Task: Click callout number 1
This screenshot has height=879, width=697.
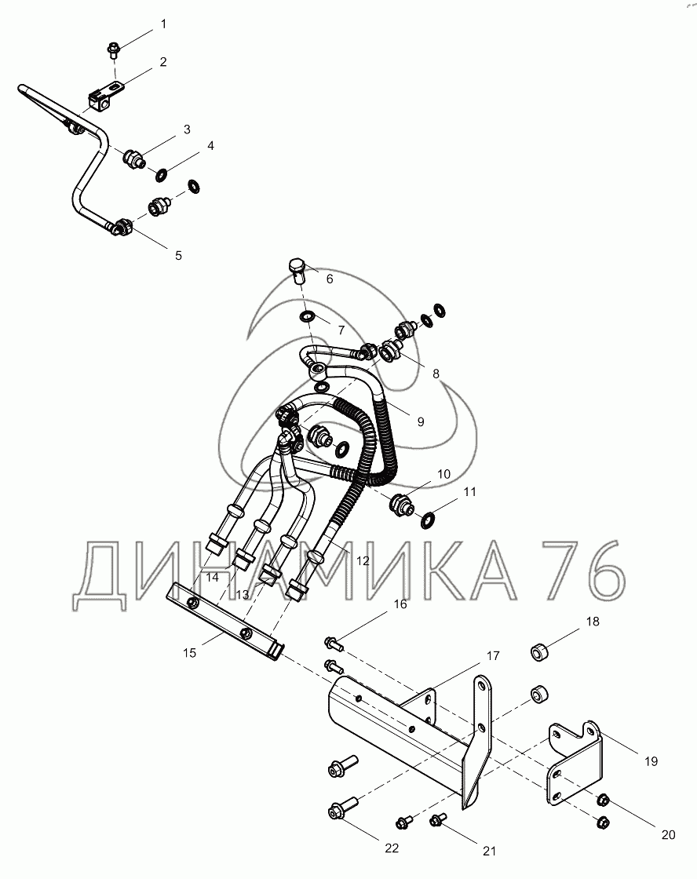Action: click(x=163, y=24)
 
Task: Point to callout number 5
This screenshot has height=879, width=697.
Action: click(x=178, y=255)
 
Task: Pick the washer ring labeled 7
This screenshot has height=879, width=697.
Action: click(x=306, y=316)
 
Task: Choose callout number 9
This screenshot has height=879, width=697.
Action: click(x=420, y=421)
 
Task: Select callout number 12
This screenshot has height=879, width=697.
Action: click(x=362, y=561)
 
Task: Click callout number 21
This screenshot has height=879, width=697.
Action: click(x=490, y=851)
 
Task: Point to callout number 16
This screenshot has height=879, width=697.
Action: click(x=400, y=604)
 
